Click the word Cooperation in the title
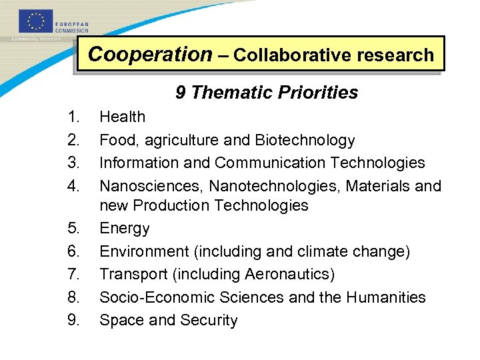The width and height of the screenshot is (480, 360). [x=149, y=55]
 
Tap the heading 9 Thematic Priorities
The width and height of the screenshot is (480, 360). [x=267, y=93]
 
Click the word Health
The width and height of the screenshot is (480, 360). [x=122, y=117]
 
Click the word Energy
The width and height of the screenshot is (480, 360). [x=125, y=228]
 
